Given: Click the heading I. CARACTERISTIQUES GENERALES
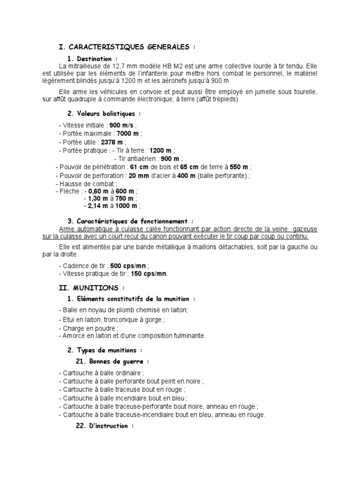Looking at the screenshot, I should click(x=126, y=47).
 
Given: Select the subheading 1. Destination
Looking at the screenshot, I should click(x=92, y=59).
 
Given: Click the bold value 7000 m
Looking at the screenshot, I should click(x=127, y=134).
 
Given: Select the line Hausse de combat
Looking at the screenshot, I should click(x=88, y=184).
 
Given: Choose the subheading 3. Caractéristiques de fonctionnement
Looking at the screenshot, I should click(x=130, y=221).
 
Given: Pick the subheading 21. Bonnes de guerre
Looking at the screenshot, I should click(x=112, y=361).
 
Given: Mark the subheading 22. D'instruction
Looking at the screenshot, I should click(x=105, y=426).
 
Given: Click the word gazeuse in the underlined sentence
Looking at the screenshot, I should click(x=304, y=229).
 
